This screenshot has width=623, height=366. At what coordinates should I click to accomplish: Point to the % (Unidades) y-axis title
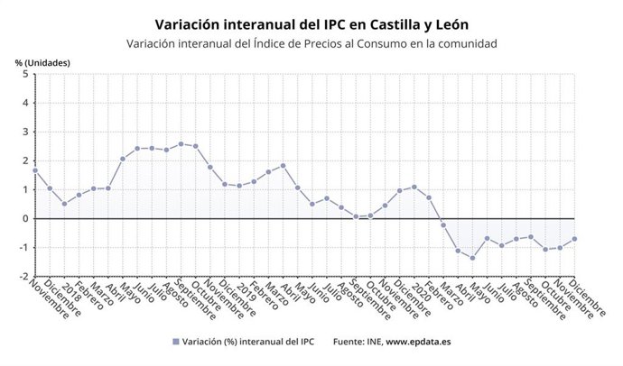[x=42, y=62]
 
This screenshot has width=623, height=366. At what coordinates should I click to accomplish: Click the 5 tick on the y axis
[x=25, y=74]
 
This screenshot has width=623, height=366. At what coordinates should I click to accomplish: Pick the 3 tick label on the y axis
[x=25, y=132]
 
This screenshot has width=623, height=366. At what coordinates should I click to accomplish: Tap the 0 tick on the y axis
[x=25, y=218]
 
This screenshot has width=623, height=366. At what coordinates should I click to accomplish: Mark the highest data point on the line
[x=181, y=143]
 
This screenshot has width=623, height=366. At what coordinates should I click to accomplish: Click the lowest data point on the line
[x=472, y=258]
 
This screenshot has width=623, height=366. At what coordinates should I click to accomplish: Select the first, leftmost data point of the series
[x=34, y=169]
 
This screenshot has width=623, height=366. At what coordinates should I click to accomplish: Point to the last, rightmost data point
[x=574, y=239]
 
